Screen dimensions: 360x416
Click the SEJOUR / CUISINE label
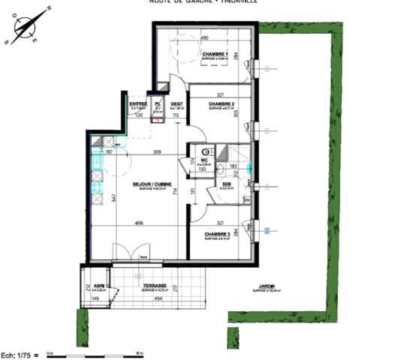[152, 184]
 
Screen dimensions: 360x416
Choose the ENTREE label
[137, 104]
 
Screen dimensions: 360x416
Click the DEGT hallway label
[176, 104]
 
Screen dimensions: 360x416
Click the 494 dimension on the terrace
[159, 299]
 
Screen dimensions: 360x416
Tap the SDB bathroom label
[225, 184]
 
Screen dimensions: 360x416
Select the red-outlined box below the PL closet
[158, 118]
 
